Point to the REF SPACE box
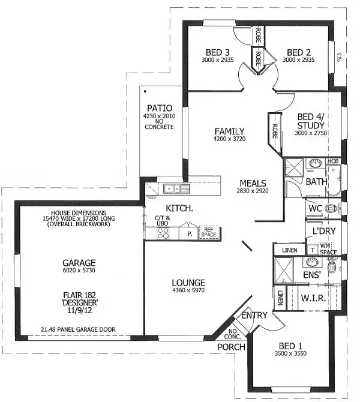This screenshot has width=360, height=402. pos(209,232)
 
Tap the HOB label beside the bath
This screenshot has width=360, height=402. pos(333,161)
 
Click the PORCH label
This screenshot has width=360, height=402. pos(231,347)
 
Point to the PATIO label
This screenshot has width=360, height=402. pos(159,109)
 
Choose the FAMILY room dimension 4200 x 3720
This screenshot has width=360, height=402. pos(230,139)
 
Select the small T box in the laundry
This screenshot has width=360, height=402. pos(313,249)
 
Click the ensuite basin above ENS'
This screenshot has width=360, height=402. pos(311,263)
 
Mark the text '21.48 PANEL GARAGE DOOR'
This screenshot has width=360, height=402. pos(79,329)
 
